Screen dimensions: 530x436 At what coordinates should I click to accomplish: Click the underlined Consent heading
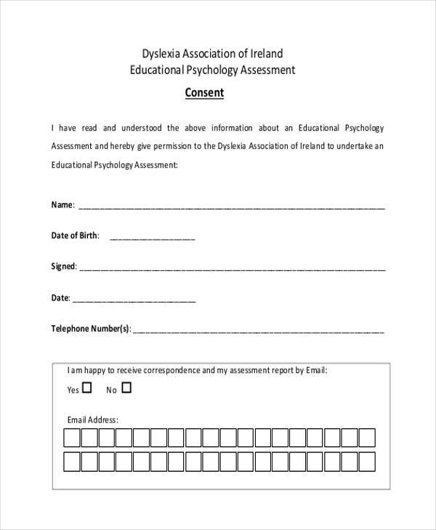click(x=203, y=93)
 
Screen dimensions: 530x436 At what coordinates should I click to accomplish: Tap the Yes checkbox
click(x=88, y=388)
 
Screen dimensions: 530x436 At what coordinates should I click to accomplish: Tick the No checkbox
click(x=126, y=388)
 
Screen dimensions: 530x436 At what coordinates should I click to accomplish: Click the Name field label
click(x=62, y=205)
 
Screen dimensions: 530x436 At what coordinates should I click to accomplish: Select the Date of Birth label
click(x=74, y=236)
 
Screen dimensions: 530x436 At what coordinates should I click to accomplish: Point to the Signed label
click(x=63, y=266)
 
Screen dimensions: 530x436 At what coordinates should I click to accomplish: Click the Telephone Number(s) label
click(x=91, y=329)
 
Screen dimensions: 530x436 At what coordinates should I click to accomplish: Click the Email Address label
click(x=92, y=420)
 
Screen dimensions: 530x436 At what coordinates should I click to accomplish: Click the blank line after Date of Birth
click(x=152, y=237)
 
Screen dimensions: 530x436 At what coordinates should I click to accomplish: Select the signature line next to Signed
click(x=233, y=268)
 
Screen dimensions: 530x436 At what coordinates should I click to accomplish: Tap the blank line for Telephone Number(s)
click(x=259, y=330)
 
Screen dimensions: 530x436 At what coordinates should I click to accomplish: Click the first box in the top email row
click(x=72, y=438)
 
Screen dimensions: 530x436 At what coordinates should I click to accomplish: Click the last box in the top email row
click(x=367, y=438)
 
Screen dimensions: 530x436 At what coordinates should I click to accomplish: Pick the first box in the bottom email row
click(x=72, y=462)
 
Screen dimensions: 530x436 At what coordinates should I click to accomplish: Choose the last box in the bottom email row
click(x=367, y=462)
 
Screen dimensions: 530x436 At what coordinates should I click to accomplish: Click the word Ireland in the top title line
click(x=266, y=54)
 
